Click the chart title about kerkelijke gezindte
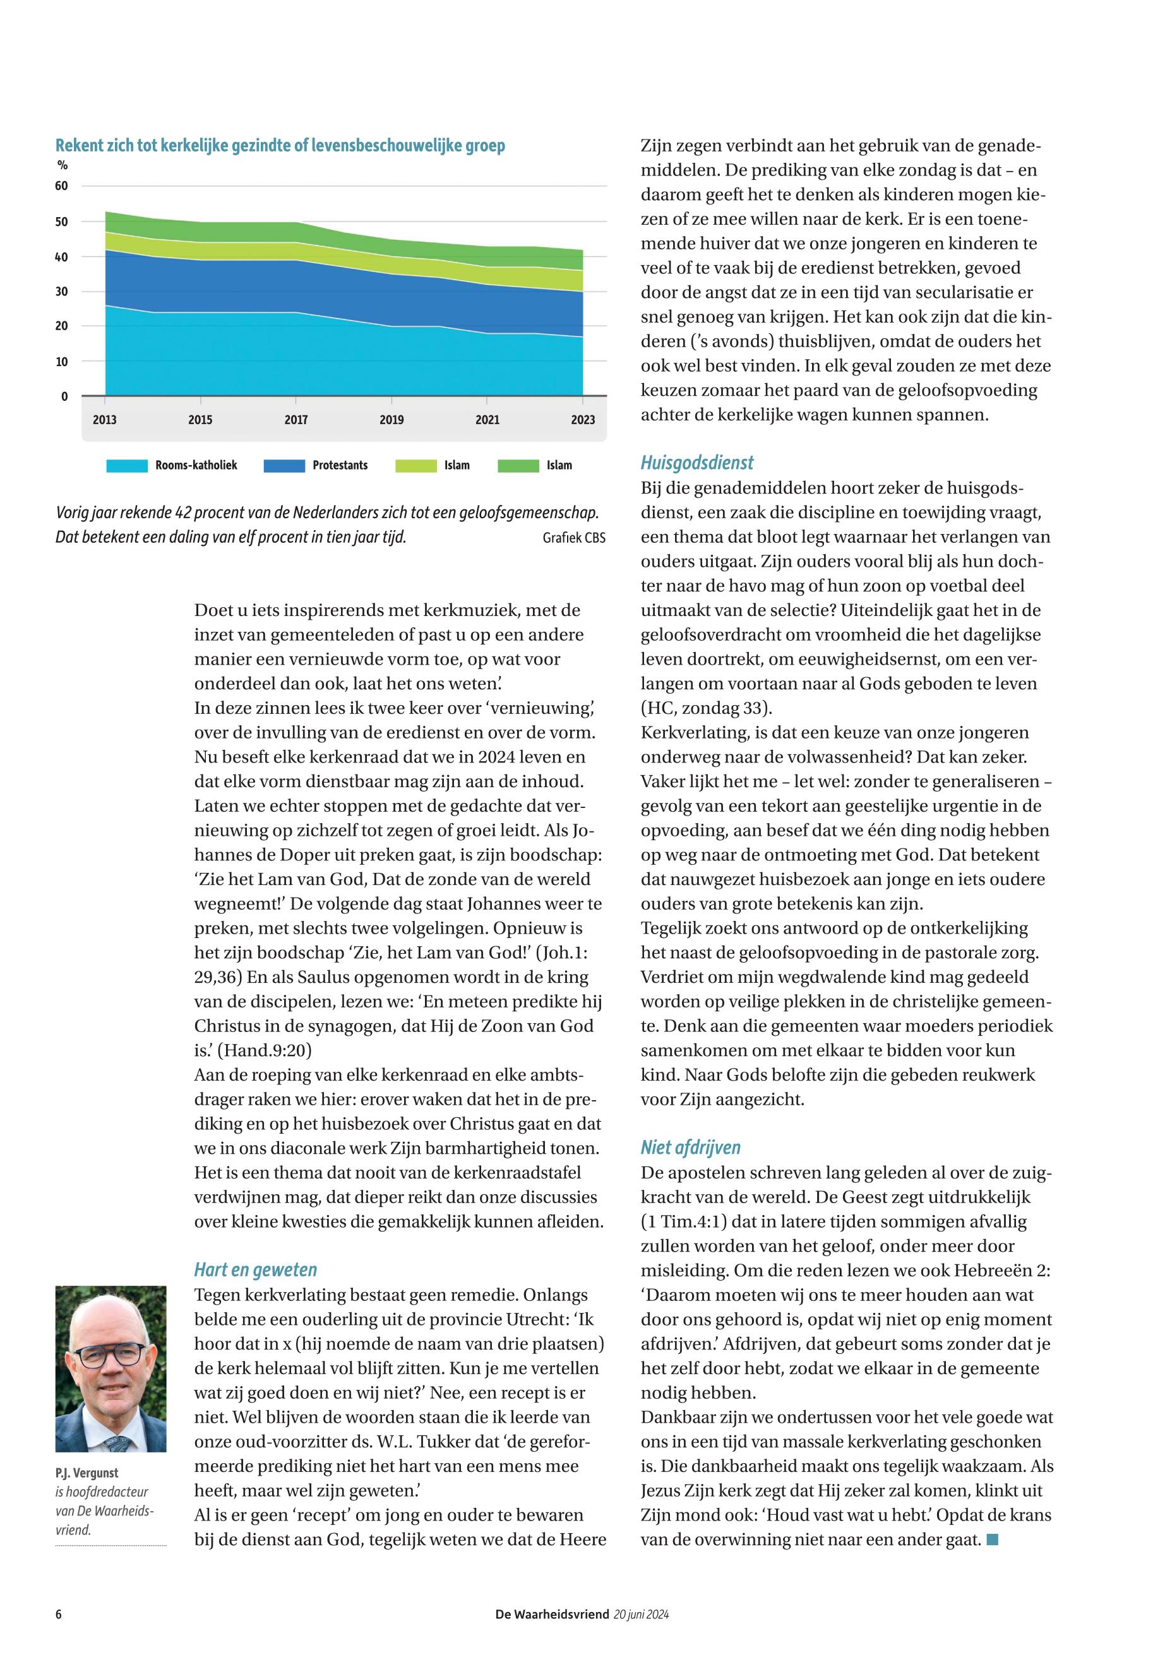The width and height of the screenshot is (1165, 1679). tap(280, 145)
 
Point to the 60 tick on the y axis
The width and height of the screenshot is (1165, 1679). tap(61, 186)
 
